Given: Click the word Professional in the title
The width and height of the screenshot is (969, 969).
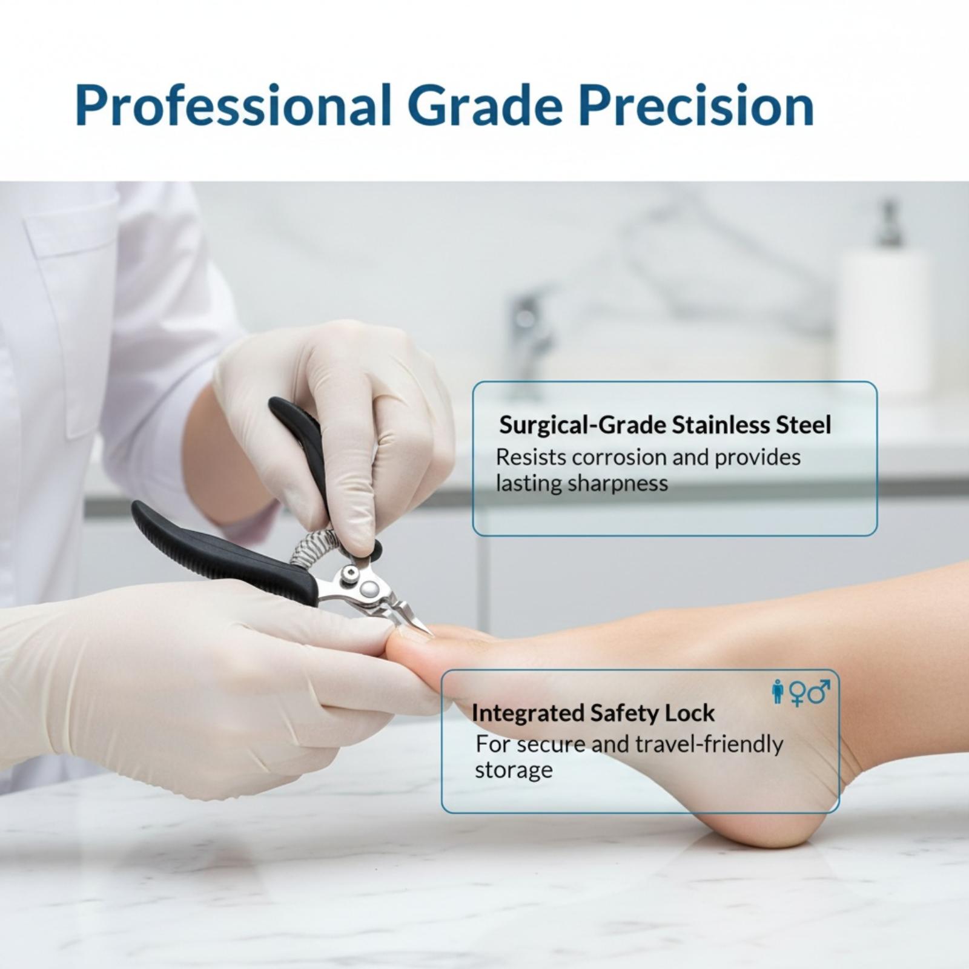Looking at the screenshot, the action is (233, 105).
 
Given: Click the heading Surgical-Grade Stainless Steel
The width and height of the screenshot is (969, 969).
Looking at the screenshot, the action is (665, 425).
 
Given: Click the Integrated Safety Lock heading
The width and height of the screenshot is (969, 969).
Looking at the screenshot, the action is (593, 713).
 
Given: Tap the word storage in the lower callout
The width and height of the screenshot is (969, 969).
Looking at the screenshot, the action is (514, 770).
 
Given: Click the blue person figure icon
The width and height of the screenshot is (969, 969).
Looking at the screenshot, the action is (778, 692).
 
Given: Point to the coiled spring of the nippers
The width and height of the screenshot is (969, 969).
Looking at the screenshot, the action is (312, 548).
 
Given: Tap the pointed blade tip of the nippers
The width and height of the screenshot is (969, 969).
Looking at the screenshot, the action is (431, 634).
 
